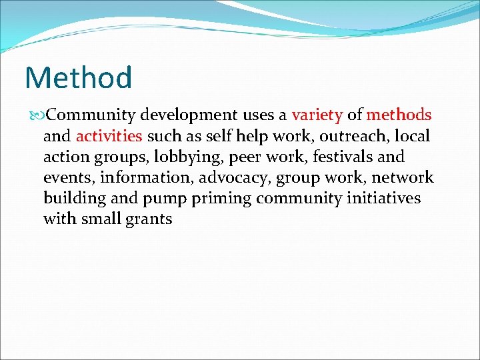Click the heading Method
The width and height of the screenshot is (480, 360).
pos(79,77)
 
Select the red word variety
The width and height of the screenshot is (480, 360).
pos(317,115)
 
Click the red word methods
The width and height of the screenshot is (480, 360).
pos(399,115)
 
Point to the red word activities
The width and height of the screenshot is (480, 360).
pos(109,137)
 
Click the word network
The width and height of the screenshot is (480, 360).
pos(403,178)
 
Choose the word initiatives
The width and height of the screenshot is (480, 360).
pos(380,199)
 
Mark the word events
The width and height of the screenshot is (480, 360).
pos(66,178)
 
